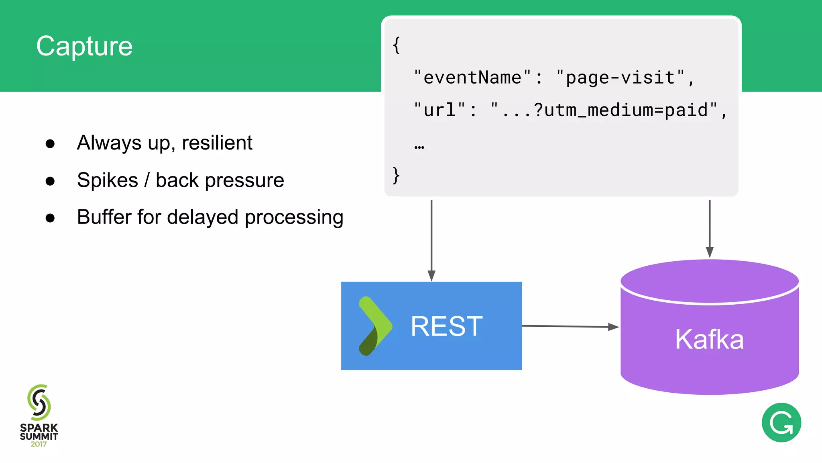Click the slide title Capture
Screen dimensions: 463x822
pos(84,46)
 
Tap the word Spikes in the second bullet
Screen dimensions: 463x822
pos(108,180)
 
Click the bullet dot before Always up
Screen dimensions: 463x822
pos(50,144)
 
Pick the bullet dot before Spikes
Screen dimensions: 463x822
pos(50,181)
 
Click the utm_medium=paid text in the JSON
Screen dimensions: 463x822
pos(626,110)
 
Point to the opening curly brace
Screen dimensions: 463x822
pos(396,45)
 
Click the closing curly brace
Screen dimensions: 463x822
pos(396,175)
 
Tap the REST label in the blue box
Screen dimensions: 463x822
pos(446,326)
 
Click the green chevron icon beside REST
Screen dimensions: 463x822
pos(374,326)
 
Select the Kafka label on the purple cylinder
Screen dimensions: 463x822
pos(709,339)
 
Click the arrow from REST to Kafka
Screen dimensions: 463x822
pos(570,326)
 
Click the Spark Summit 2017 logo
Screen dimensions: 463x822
pos(39,416)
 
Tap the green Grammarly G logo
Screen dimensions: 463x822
pos(781,422)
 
